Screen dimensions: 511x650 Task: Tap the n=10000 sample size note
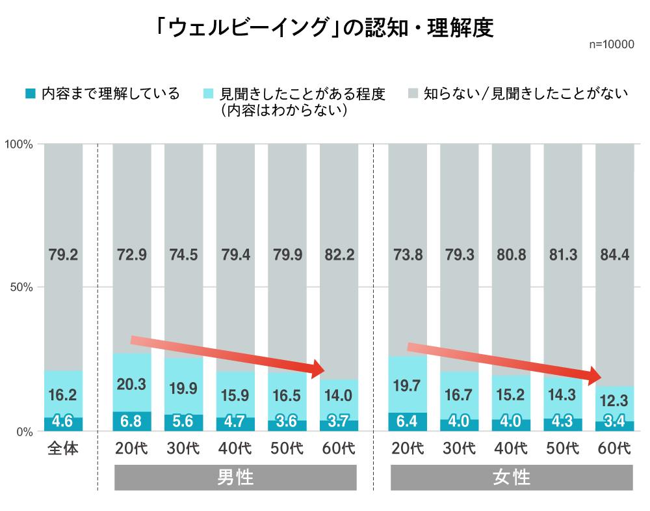tap(611, 45)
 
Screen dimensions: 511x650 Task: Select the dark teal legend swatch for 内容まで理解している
tap(30, 94)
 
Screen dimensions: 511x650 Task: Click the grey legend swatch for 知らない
tap(413, 94)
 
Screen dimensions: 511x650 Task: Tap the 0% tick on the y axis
tap(24, 431)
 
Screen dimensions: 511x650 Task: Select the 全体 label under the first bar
tap(63, 449)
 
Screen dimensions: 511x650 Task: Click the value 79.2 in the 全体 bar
tap(63, 255)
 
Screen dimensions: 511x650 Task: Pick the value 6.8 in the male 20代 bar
tap(132, 421)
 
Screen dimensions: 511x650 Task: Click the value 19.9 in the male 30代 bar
tap(183, 389)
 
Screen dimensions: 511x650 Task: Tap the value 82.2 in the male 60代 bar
tap(339, 255)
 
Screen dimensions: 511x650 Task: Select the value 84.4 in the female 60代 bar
tap(614, 255)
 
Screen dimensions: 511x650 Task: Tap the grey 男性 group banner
tap(235, 478)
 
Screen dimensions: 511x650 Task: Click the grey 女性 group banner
tap(512, 478)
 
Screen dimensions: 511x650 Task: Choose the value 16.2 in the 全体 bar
tap(63, 395)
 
